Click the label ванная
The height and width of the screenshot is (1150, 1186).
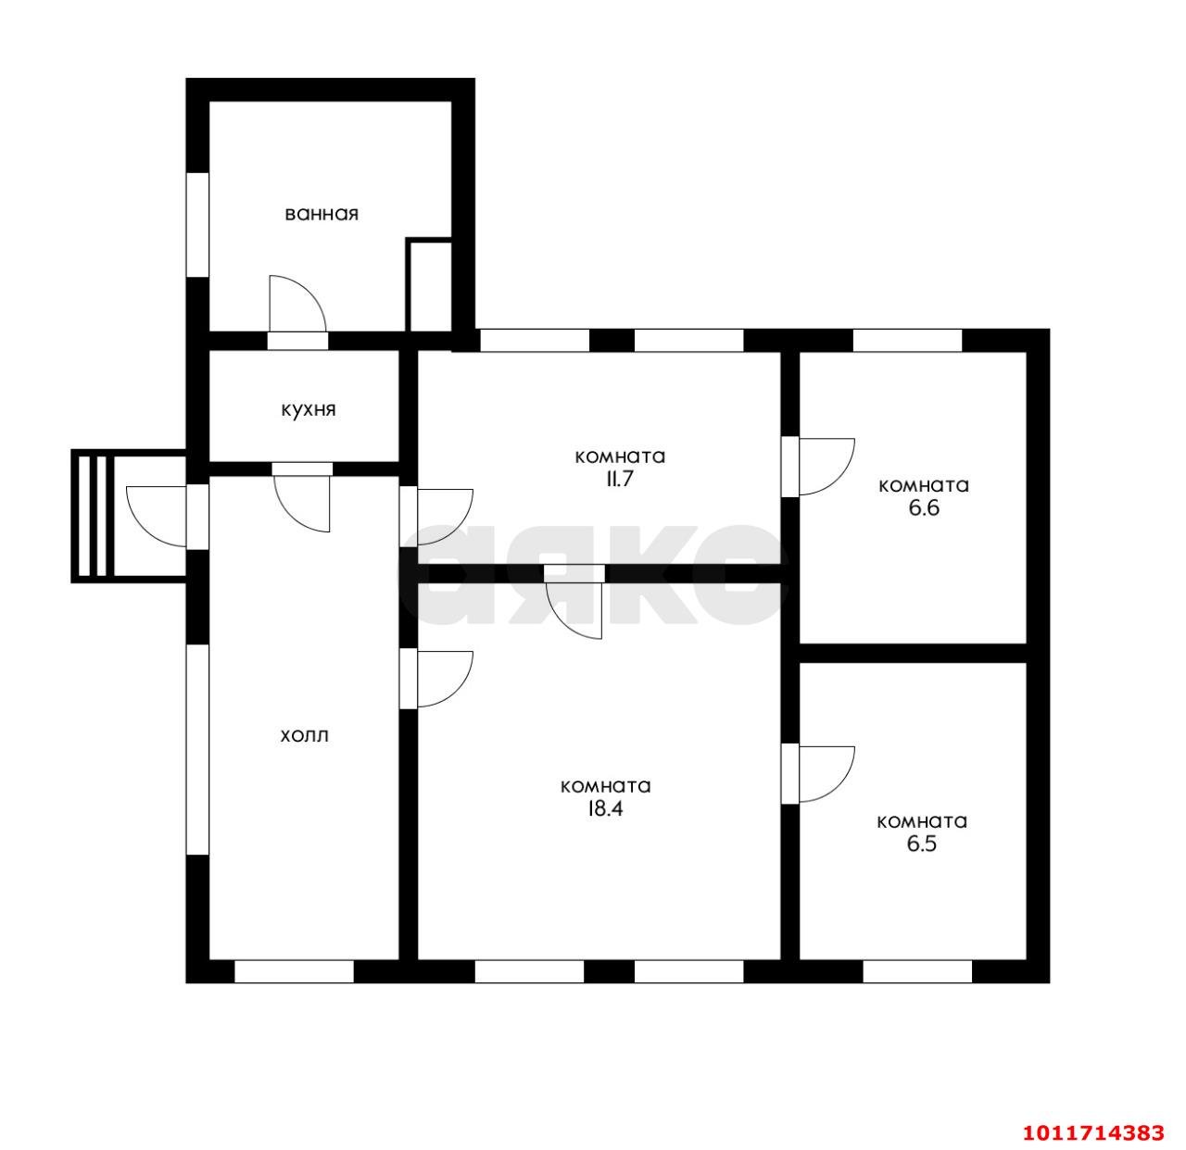coord(322,215)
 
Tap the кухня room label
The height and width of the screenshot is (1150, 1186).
coord(308,409)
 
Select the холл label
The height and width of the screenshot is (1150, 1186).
coord(304,736)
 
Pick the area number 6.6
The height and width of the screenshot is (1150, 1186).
coord(924,508)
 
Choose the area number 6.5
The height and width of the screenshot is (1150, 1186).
coord(922,844)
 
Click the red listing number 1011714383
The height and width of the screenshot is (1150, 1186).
coord(1093,1132)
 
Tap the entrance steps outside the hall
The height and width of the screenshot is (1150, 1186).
coord(93,516)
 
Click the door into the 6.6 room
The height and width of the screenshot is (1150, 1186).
coord(818,467)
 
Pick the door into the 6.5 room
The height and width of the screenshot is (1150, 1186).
coord(818,774)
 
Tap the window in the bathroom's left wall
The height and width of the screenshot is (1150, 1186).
coord(197,225)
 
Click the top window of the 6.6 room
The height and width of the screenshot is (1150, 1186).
coord(907,341)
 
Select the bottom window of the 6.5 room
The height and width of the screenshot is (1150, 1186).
coord(917,971)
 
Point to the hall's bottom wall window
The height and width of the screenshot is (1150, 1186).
coord(294,971)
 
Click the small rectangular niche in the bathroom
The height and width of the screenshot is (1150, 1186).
coord(429,285)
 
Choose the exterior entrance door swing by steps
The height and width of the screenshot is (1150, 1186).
coord(156,516)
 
